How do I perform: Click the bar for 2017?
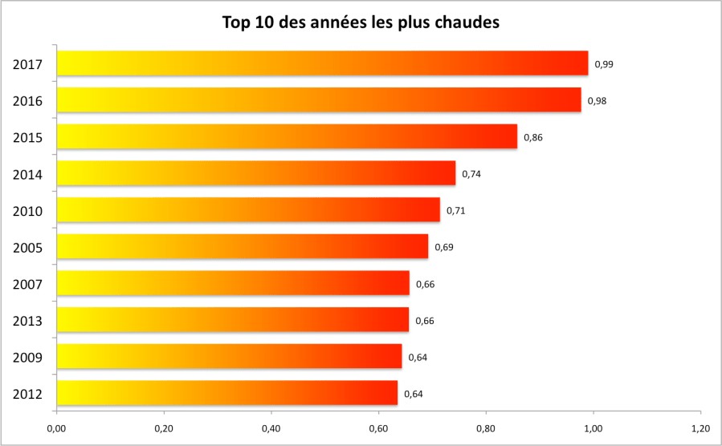321,63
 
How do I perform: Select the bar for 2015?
287,136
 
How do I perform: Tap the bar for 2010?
248,209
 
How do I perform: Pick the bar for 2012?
227,393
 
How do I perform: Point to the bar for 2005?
243,246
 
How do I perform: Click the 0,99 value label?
604,63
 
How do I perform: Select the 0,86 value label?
533,137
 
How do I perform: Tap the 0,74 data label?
471,174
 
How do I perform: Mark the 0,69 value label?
444,247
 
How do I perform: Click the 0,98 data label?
597,100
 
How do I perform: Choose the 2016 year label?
28,101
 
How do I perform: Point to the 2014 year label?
28,174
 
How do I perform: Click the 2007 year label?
28,284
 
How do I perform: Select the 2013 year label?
28,321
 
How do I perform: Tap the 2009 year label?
28,358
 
